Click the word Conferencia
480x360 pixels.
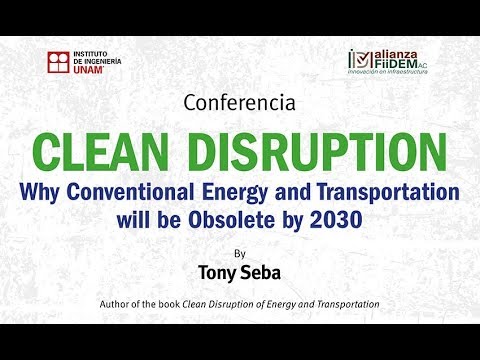pos(239,101)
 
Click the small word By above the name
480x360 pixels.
pos(239,253)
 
